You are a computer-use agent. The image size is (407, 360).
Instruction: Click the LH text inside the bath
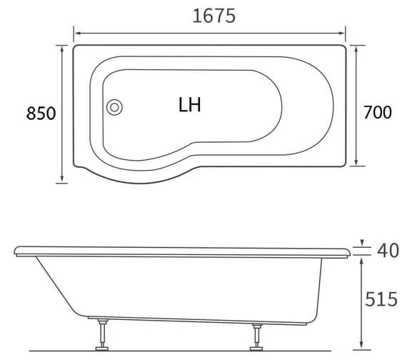[190, 105]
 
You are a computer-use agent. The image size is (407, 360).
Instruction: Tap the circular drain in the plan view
[114, 108]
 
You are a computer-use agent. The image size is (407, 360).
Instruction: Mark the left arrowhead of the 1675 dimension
[78, 32]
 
